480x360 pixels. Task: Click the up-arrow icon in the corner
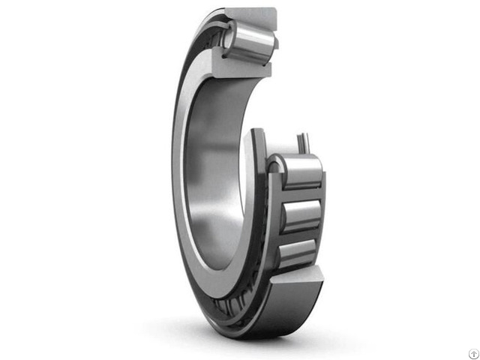pyautogui.click(x=466, y=346)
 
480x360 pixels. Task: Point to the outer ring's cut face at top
pyautogui.click(x=250, y=15)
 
